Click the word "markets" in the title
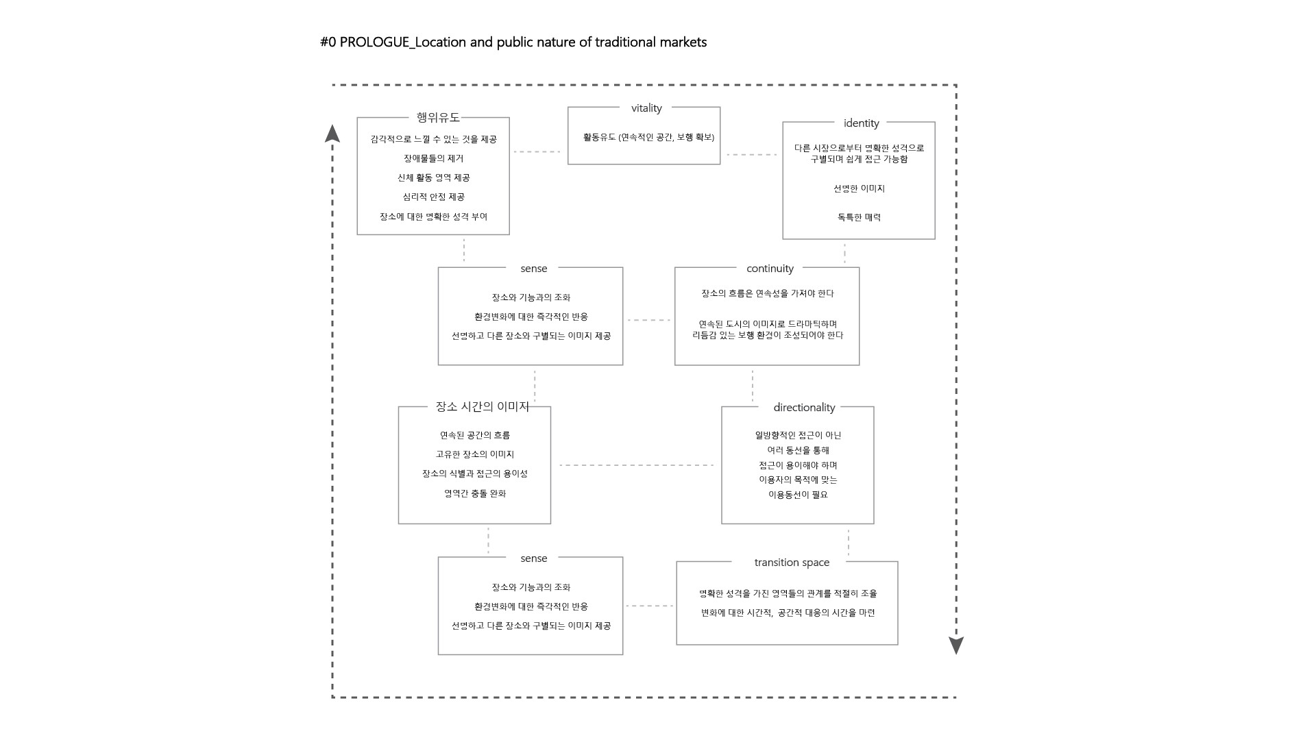coord(683,42)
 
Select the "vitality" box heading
coord(646,108)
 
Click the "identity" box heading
coord(861,123)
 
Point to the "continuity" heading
coord(770,269)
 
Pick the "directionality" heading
coord(804,408)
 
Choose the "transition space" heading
coord(792,563)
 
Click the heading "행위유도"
coord(438,118)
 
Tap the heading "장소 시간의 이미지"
coord(483,407)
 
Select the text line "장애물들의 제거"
coord(433,158)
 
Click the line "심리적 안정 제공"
coord(433,197)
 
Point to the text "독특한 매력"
coord(859,217)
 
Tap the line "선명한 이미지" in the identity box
coord(859,188)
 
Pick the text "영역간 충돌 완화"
coord(475,493)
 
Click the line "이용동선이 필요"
coord(798,495)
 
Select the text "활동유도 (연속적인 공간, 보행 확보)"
coord(648,138)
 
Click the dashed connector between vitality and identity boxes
coord(751,155)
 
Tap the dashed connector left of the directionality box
coord(636,465)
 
